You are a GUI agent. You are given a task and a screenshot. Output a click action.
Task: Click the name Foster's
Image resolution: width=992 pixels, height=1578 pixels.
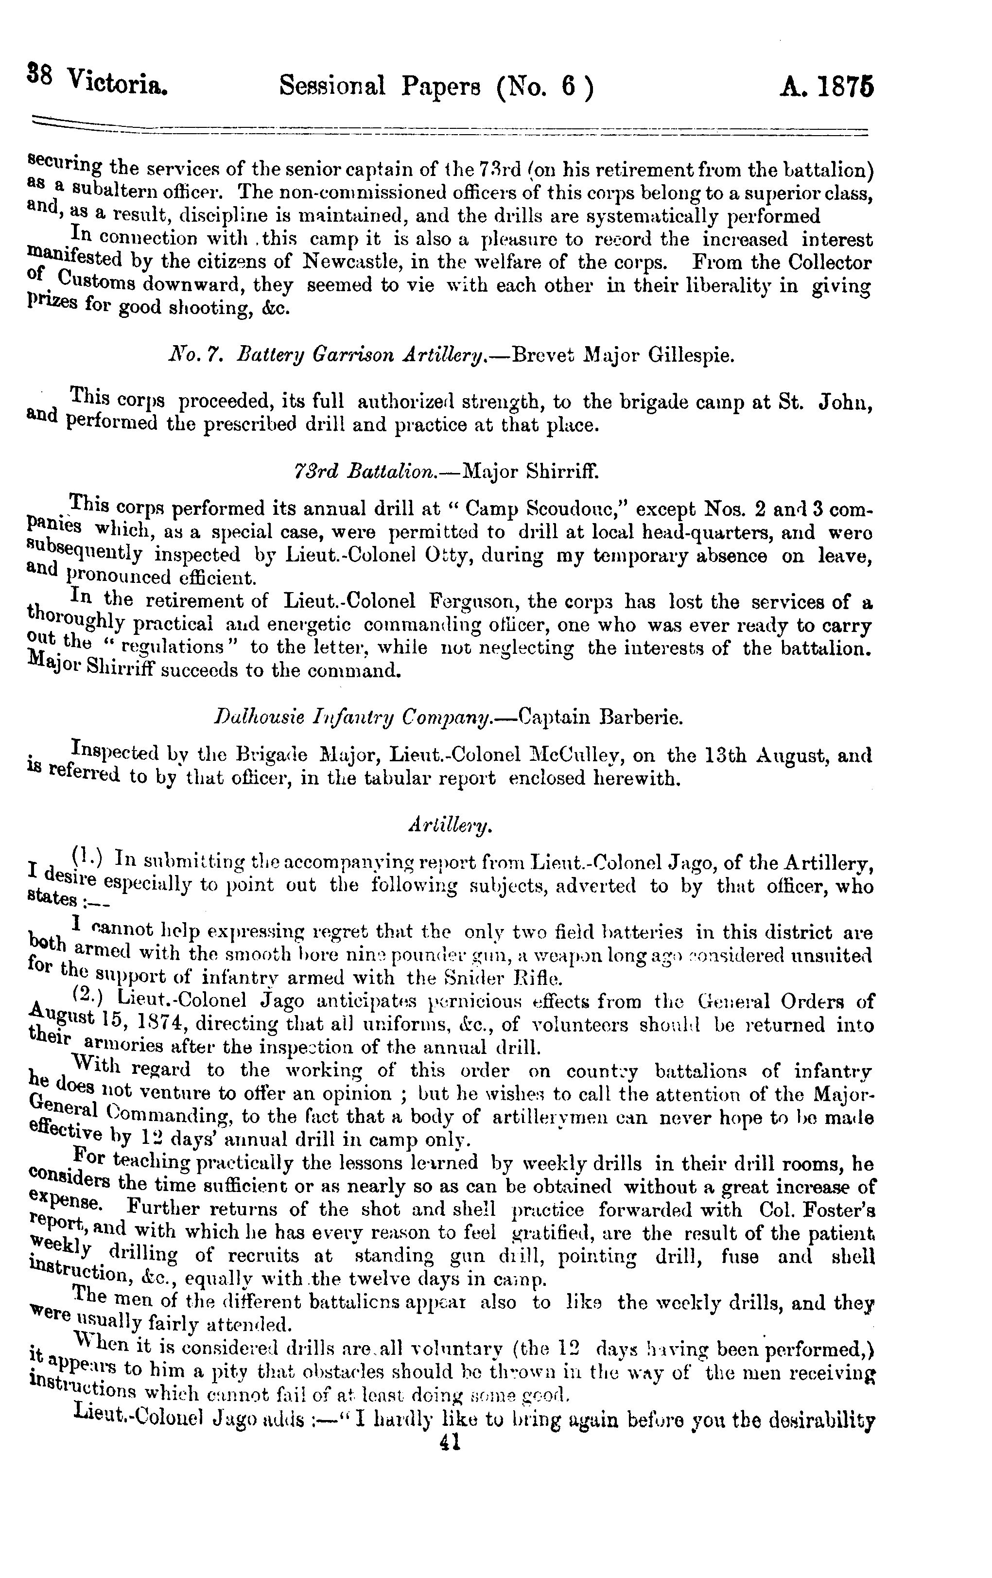838,1209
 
